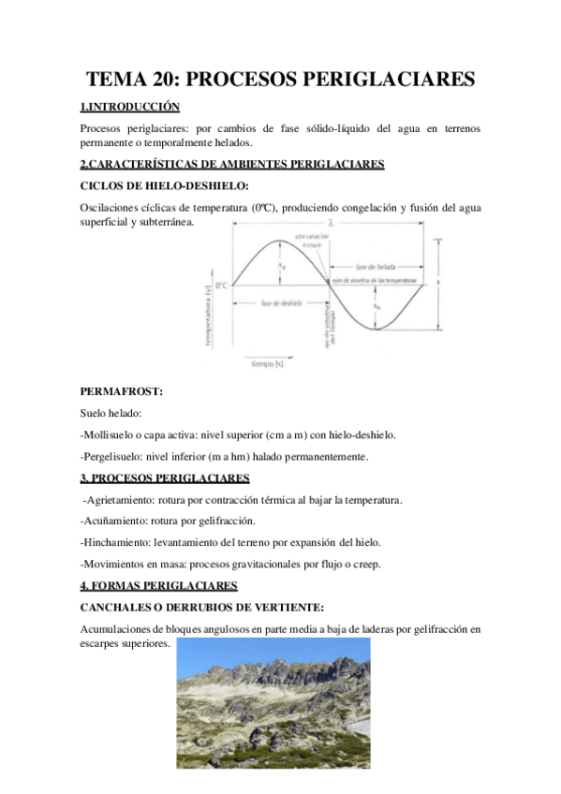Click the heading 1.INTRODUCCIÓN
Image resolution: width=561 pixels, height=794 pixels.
click(x=130, y=108)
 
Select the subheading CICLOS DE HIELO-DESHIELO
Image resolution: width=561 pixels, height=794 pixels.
click(x=165, y=185)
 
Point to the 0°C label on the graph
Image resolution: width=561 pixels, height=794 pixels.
click(x=222, y=285)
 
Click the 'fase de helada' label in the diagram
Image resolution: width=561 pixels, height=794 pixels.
click(x=376, y=267)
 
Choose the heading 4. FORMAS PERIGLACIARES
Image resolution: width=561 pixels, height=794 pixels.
click(x=159, y=586)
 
